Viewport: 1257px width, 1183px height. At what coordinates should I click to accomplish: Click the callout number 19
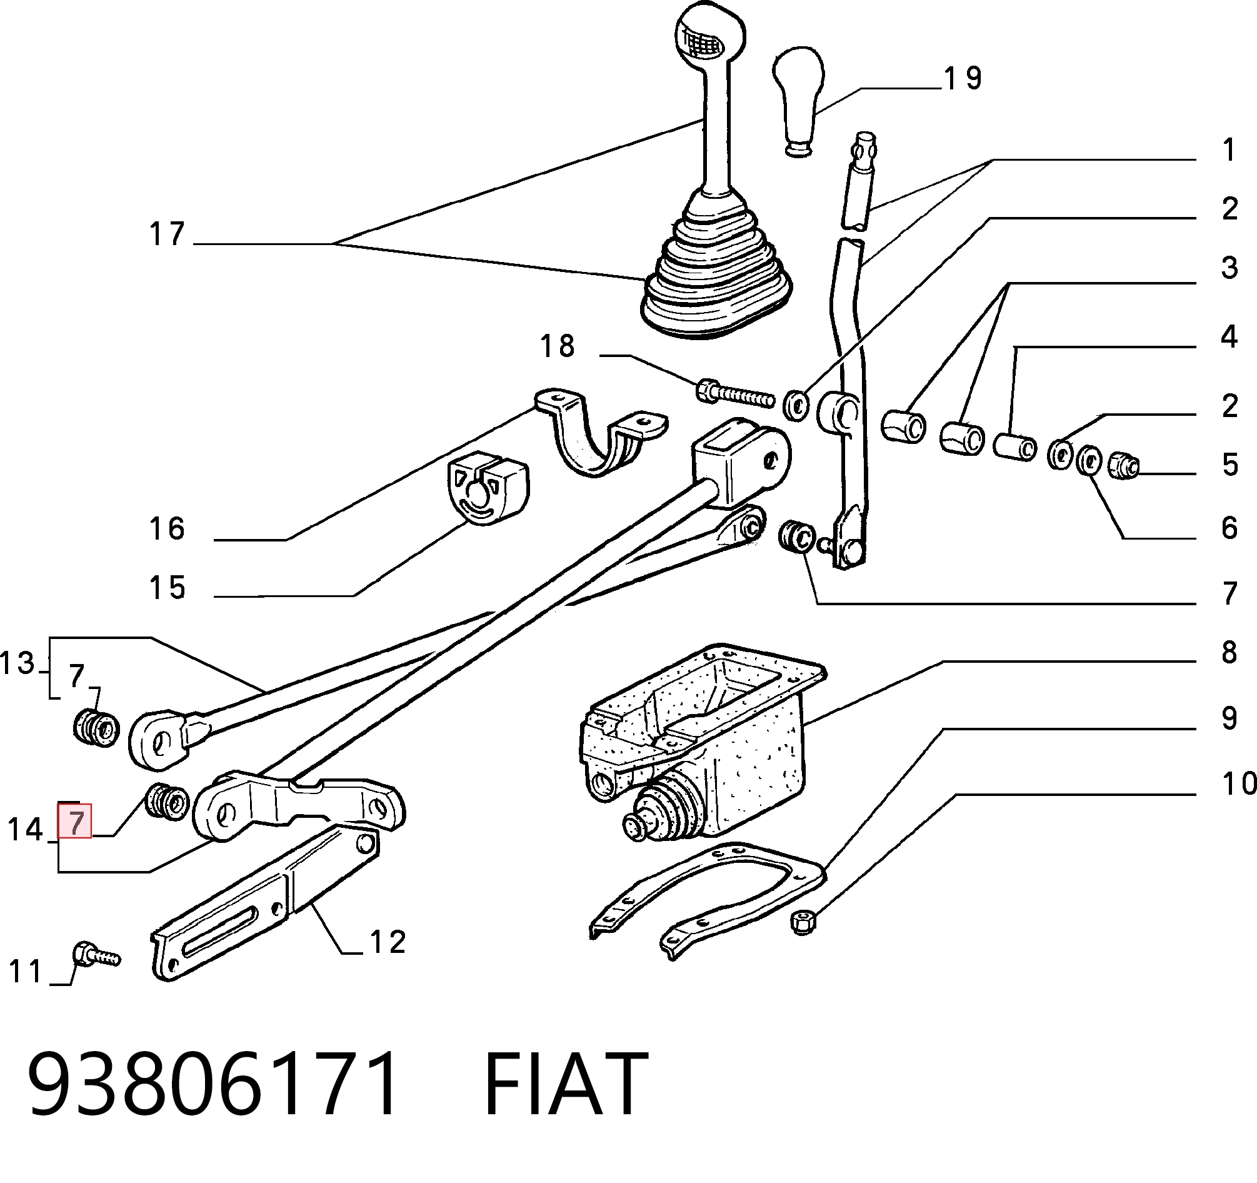(x=963, y=79)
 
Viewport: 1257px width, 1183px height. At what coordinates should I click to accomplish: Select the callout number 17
(x=167, y=234)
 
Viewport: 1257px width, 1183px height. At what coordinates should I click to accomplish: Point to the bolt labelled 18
(x=735, y=394)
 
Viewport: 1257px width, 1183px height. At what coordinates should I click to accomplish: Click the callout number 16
(x=167, y=529)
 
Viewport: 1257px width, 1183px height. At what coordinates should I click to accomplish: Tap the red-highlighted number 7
(x=75, y=823)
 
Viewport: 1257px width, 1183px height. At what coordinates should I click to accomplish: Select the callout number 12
(x=387, y=943)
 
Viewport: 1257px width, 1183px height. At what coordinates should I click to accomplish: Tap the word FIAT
(x=566, y=1083)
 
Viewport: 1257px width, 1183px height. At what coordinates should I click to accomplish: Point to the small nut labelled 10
(x=803, y=923)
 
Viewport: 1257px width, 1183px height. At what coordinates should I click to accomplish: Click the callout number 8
(x=1228, y=653)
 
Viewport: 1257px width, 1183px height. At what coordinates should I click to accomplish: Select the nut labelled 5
(x=1124, y=466)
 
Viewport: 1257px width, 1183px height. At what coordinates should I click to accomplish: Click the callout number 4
(x=1228, y=337)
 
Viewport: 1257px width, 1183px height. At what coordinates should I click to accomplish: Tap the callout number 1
(x=1228, y=151)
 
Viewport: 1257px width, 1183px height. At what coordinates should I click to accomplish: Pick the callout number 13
(x=17, y=663)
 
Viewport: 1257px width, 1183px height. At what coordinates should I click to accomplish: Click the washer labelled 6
(x=1089, y=460)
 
